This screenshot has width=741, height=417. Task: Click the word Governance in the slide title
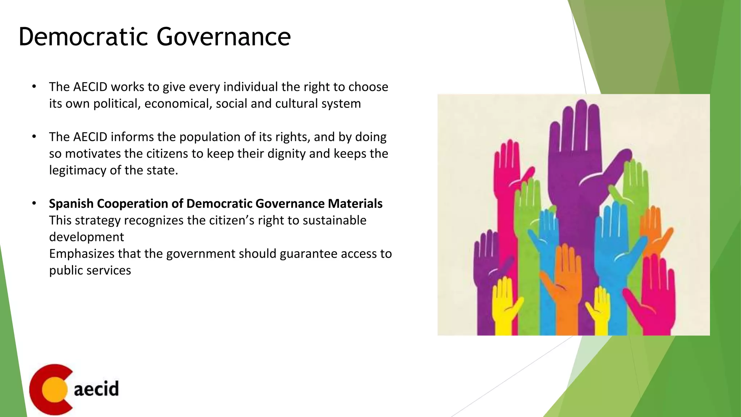224,37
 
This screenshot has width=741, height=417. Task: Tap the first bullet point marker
34,87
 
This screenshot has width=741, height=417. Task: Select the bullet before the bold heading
34,203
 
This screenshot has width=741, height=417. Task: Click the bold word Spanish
71,203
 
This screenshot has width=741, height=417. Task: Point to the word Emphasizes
81,253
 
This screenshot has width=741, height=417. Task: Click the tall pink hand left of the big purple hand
507,188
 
